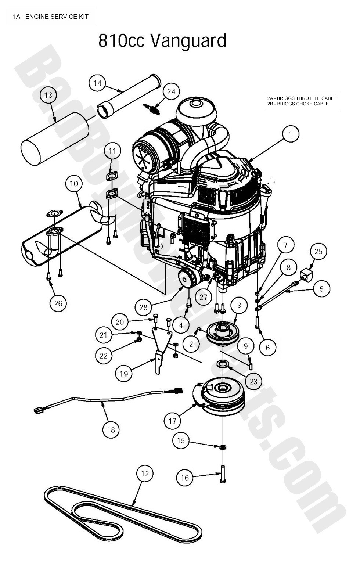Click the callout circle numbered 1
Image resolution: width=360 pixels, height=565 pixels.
click(x=291, y=134)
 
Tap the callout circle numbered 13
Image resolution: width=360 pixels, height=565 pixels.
click(x=48, y=95)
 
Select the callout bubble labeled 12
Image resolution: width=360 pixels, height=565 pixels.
click(x=145, y=474)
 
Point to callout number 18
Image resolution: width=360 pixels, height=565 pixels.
click(x=111, y=429)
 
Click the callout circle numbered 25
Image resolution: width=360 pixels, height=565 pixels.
click(x=318, y=251)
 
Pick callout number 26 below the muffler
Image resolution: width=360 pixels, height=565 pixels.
click(x=58, y=303)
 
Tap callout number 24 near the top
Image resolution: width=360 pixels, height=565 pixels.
click(x=171, y=91)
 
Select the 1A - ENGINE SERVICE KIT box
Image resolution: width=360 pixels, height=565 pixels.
click(x=51, y=17)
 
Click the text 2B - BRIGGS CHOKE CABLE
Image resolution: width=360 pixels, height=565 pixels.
click(x=298, y=104)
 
